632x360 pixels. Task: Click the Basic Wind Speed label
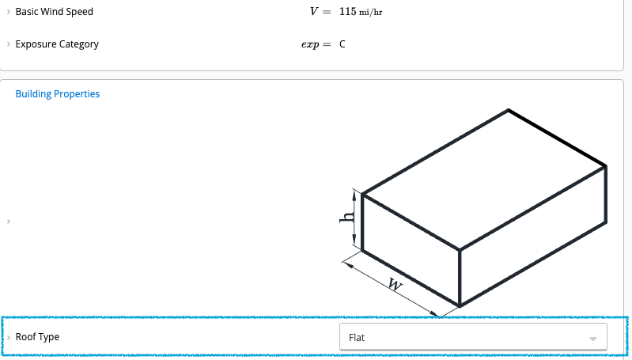(x=54, y=12)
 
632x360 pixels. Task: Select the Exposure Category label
(x=57, y=44)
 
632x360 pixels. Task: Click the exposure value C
(x=342, y=44)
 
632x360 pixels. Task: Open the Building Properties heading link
(x=58, y=94)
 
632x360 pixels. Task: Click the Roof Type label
(x=37, y=337)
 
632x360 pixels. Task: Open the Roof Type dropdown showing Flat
(x=472, y=337)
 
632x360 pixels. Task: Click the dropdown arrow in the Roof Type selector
(x=592, y=339)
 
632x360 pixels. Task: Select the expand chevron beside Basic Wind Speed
(x=8, y=12)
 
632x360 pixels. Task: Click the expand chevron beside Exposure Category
(x=8, y=44)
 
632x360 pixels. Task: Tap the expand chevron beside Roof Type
(x=8, y=337)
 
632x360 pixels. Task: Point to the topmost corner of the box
(x=508, y=109)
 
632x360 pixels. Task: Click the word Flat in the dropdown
(x=357, y=338)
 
